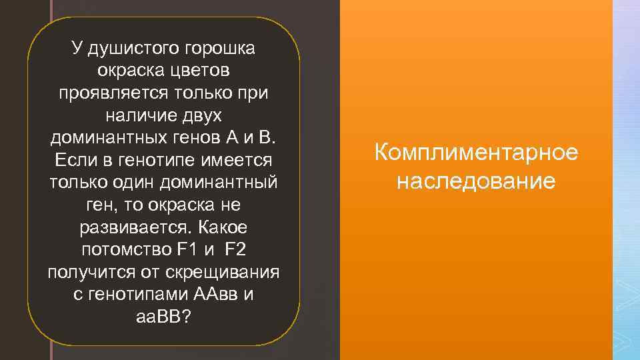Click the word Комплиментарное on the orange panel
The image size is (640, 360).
476,153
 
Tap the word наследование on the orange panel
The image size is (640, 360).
476,181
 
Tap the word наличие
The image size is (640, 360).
138,115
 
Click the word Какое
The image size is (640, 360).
223,228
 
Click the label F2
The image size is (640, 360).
236,251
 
